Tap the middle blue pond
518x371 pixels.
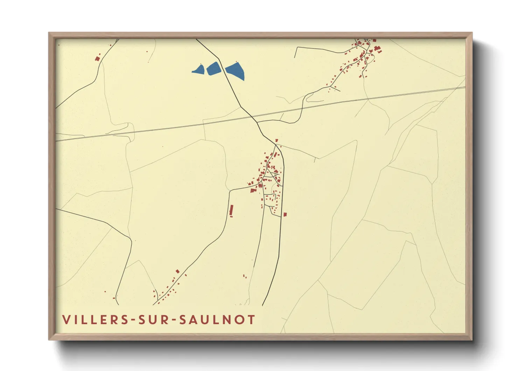click(x=213, y=68)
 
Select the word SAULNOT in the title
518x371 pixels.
click(x=217, y=320)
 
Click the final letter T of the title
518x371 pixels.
click(x=252, y=320)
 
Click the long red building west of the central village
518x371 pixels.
click(x=231, y=211)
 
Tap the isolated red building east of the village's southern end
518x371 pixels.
click(x=285, y=214)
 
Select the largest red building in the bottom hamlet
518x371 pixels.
click(x=177, y=271)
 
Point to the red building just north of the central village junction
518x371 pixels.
click(x=276, y=140)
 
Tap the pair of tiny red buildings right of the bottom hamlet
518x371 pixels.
click(x=245, y=276)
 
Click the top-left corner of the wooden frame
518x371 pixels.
click(x=49, y=33)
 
